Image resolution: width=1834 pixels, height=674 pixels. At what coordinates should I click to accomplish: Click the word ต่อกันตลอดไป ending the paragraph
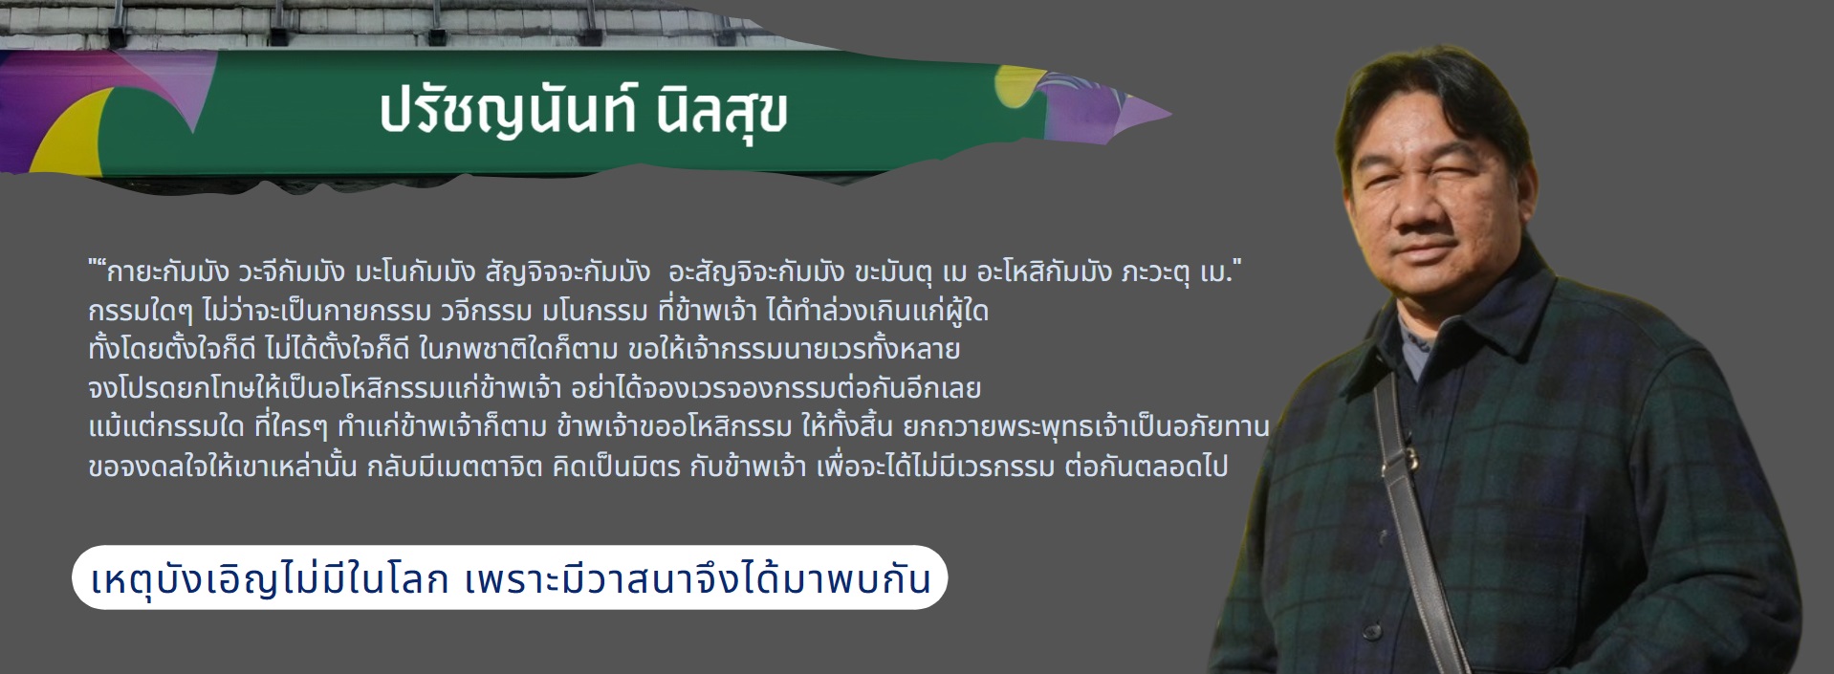(1146, 467)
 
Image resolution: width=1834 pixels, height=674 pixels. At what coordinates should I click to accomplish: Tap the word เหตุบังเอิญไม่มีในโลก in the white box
(271, 579)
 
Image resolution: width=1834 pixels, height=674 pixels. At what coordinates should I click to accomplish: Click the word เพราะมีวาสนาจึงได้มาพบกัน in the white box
(697, 579)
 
